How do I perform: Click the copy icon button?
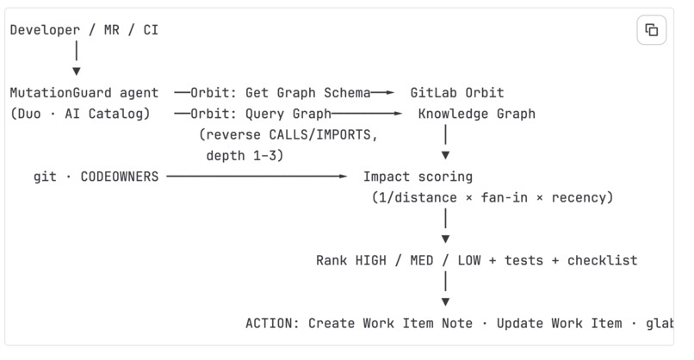[651, 30]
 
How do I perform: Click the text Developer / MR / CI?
[84, 30]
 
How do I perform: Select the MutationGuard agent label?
[84, 93]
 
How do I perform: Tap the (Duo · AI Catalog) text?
[80, 114]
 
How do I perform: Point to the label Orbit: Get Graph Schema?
[281, 93]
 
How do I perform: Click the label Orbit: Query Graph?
[261, 114]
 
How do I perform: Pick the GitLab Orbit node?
[456, 93]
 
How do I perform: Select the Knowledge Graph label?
[477, 114]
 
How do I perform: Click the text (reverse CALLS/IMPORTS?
[288, 134]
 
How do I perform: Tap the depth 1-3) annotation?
[245, 155]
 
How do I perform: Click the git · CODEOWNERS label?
[96, 177]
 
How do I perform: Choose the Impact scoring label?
[418, 177]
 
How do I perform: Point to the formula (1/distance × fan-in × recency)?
[493, 197]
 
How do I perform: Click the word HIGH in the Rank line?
[371, 260]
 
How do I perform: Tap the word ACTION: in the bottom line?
[270, 323]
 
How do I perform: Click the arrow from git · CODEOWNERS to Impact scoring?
[257, 177]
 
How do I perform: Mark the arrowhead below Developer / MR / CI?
[77, 71]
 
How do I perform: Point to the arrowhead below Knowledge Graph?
[446, 155]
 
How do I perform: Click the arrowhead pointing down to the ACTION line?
[446, 302]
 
